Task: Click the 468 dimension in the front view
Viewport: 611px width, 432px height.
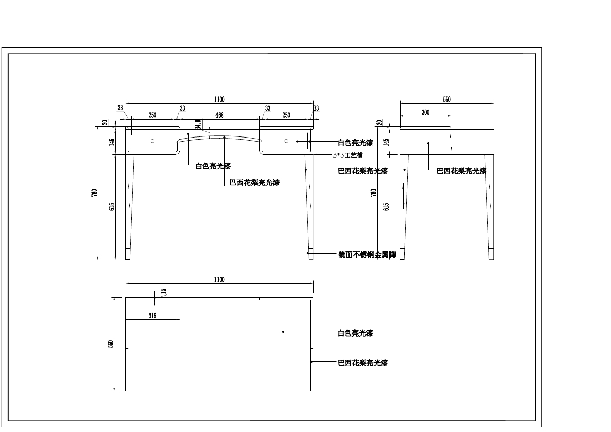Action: [x=219, y=116]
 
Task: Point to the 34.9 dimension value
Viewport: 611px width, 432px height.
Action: [x=198, y=125]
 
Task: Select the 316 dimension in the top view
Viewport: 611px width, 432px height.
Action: [x=152, y=316]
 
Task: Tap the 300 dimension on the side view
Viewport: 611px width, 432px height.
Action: [x=425, y=112]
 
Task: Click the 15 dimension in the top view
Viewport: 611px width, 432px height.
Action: [x=163, y=291]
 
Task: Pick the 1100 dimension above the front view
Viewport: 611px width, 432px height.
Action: [x=220, y=100]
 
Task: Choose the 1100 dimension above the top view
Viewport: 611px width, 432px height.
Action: [x=219, y=280]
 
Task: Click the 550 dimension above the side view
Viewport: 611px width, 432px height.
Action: [x=446, y=100]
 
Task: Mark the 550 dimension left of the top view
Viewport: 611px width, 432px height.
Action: [x=110, y=344]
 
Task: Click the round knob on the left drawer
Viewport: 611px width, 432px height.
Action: [x=152, y=141]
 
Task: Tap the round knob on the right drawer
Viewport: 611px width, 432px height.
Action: [x=286, y=141]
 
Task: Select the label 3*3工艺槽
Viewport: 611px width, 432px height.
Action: [x=347, y=155]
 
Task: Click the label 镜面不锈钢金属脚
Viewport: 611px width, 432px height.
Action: [x=366, y=254]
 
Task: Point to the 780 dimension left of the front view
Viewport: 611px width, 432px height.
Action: [x=94, y=193]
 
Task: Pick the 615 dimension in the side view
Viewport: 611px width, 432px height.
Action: [x=386, y=206]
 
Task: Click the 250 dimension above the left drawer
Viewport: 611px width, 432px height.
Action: [x=152, y=115]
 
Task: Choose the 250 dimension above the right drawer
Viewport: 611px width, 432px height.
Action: [x=286, y=115]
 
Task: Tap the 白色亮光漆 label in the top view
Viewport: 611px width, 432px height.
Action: [x=355, y=333]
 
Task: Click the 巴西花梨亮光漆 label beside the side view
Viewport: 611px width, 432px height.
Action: [x=461, y=171]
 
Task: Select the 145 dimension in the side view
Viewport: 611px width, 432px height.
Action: [x=386, y=141]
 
